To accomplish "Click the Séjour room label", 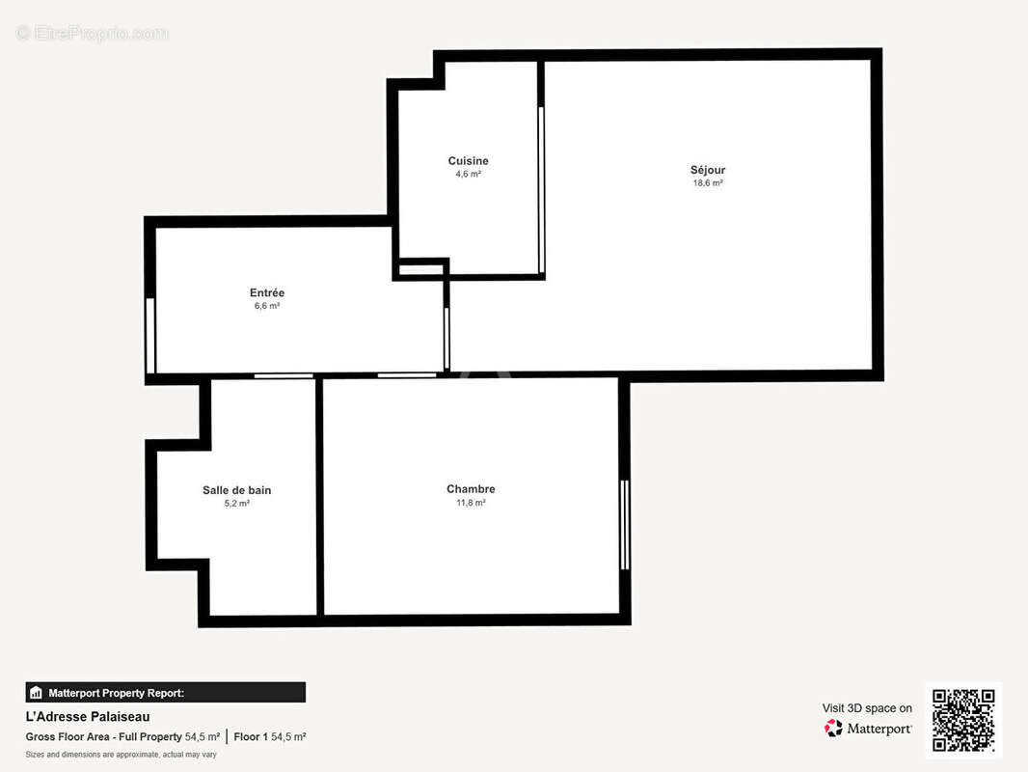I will [708, 170].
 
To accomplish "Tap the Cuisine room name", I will [468, 161].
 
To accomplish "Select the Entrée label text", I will [267, 293].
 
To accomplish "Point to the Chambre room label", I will [471, 489].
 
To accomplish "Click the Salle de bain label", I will [236, 490].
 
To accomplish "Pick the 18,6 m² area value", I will [708, 183].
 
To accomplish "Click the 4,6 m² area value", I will [468, 175].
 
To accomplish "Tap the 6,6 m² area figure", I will [267, 306].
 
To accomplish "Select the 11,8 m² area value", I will [471, 503].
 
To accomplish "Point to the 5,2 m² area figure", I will [236, 504].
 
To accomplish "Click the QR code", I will [963, 720].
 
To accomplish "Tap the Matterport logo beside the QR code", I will [868, 729].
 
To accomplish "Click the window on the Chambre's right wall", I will [625, 524].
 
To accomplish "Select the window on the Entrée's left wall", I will [150, 335].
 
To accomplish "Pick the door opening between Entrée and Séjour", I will [446, 338].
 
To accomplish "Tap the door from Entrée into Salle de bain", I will [284, 375].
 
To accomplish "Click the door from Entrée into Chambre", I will [406, 375].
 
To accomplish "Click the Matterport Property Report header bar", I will [165, 692].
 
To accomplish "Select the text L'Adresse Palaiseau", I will [87, 717].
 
